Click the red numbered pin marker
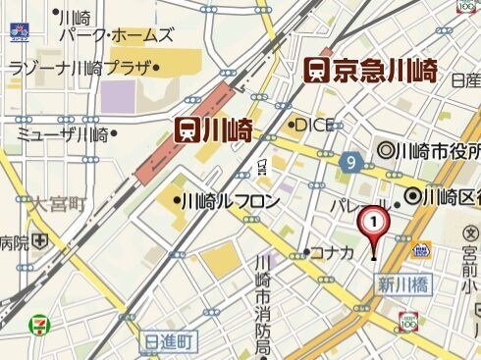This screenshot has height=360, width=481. click(x=373, y=225)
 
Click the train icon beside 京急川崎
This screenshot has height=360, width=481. click(x=316, y=71)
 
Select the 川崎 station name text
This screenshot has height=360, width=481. click(x=228, y=129)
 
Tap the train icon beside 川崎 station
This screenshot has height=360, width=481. click(x=187, y=129)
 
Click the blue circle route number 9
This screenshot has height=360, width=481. click(x=349, y=161)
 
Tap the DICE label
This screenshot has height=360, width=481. click(x=315, y=125)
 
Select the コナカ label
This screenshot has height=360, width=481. click(x=332, y=252)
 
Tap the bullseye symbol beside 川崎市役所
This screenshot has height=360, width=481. click(x=385, y=152)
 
